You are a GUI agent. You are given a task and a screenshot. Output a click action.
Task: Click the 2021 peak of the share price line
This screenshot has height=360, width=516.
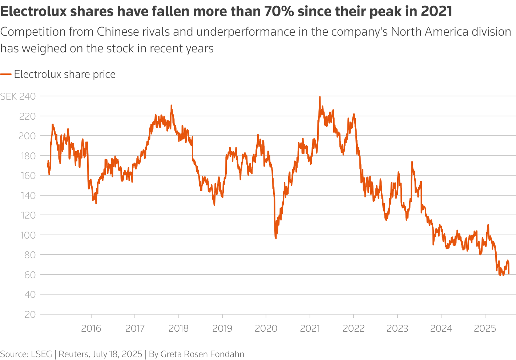[x=320, y=97]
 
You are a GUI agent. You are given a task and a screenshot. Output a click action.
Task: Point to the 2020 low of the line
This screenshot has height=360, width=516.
[x=276, y=238]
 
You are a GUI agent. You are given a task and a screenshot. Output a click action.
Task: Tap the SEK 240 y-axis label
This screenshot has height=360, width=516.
[x=18, y=96]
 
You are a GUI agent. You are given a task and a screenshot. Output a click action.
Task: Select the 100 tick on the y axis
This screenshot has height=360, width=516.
[x=28, y=235]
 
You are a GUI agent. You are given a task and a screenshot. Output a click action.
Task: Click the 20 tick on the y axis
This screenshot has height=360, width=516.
[x=30, y=315]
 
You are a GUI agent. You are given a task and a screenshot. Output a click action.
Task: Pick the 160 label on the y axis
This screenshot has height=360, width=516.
[x=28, y=176]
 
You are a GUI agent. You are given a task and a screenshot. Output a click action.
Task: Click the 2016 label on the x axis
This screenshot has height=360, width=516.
[x=91, y=328]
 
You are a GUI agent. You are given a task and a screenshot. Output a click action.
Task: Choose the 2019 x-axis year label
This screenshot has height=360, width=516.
[x=222, y=328]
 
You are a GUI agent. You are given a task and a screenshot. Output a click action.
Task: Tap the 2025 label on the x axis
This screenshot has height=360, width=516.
[x=485, y=328]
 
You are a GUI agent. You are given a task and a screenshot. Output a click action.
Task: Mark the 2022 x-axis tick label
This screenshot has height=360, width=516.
[x=354, y=328]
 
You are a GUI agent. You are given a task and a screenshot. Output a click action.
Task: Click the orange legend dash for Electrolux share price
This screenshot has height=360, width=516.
[x=6, y=75]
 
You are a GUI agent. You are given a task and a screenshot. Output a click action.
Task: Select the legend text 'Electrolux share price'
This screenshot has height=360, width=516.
[x=65, y=75]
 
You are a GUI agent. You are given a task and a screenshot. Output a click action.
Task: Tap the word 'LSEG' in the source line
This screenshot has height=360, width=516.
[x=41, y=354]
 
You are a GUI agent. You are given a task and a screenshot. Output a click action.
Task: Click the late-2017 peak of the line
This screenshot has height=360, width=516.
[x=171, y=106]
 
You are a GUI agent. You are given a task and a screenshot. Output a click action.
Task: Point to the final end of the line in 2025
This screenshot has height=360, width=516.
[x=509, y=273]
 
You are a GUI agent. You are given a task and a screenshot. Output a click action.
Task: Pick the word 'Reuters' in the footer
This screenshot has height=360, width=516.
[x=73, y=354]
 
